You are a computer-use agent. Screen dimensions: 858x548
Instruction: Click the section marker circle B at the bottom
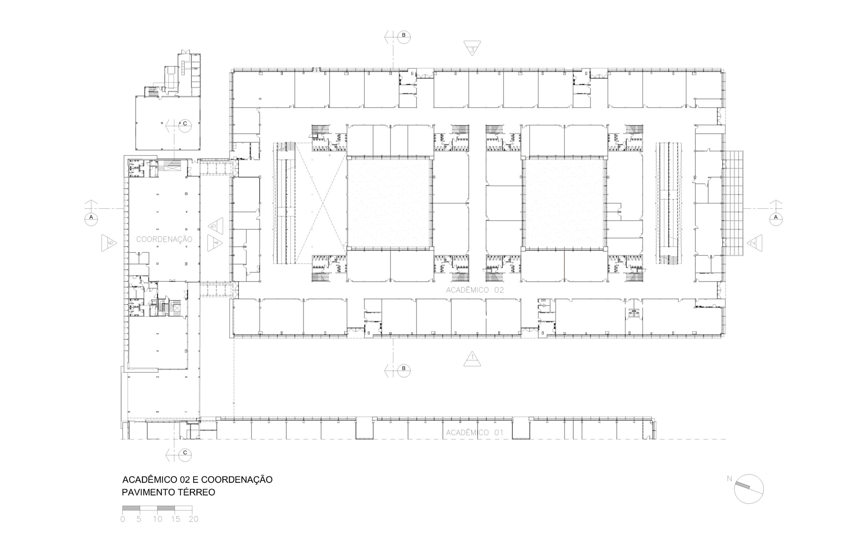click(404, 371)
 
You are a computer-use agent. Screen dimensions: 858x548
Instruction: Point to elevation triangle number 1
click(472, 359)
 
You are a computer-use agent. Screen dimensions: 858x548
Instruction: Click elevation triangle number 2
click(754, 243)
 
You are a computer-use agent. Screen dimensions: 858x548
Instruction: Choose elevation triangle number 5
click(215, 226)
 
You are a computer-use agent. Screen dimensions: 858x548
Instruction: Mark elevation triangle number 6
click(109, 243)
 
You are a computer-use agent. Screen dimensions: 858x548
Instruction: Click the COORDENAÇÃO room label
click(164, 239)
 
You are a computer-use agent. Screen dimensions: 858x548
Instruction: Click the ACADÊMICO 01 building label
click(475, 433)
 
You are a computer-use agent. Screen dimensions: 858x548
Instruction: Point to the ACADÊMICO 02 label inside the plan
click(475, 290)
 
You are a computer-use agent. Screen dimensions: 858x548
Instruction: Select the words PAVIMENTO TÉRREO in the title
click(169, 492)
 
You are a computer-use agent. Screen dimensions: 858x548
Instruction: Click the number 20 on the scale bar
click(193, 519)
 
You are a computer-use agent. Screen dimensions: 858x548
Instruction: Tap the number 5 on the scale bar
click(139, 519)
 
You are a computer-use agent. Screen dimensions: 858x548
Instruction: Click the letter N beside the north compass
click(729, 479)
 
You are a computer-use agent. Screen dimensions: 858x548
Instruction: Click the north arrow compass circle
click(749, 489)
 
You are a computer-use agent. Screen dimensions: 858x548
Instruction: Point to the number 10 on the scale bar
click(158, 519)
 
